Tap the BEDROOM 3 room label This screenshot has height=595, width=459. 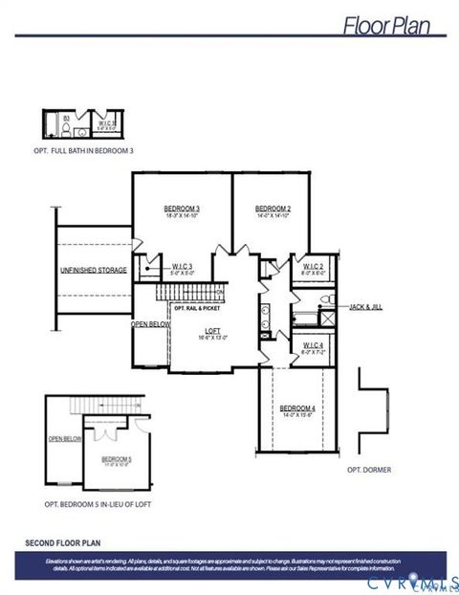pos(182,209)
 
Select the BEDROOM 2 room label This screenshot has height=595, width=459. pos(273,209)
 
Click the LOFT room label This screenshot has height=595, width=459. pos(212,331)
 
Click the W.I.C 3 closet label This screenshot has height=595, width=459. pos(183,266)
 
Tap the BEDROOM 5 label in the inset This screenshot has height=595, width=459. pos(117,458)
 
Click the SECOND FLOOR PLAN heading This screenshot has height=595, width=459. pos(64,542)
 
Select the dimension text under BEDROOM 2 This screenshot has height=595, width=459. pos(273,216)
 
